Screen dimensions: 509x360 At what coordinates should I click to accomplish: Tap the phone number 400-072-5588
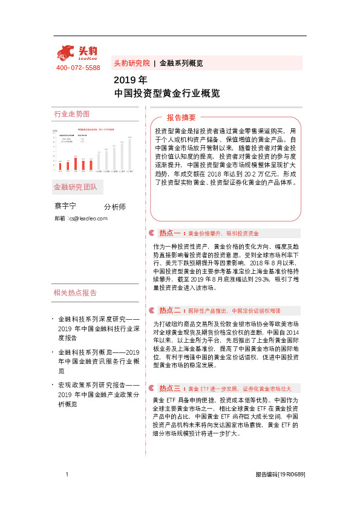tap(78, 68)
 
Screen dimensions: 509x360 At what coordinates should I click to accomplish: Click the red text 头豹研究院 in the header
tap(131, 63)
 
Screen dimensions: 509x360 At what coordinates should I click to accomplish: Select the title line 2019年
tap(130, 80)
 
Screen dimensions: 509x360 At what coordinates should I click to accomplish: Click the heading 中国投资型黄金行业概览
tap(166, 94)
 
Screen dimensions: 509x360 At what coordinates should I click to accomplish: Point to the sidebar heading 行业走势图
tap(71, 114)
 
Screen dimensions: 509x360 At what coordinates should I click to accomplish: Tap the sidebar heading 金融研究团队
tap(75, 187)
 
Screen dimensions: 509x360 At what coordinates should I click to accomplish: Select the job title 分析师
tap(115, 207)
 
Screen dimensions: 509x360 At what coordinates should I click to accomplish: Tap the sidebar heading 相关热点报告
tap(75, 293)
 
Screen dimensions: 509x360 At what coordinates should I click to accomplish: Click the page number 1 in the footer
tap(67, 475)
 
